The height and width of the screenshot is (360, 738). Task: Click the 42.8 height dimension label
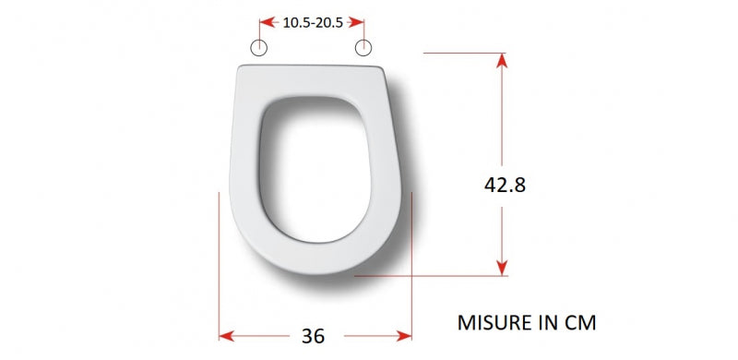coord(505,186)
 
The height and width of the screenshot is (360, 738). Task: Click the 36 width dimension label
coord(313,336)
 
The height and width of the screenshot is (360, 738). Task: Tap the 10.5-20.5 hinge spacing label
coord(313,23)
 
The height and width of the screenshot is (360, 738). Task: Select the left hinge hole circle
coord(259,48)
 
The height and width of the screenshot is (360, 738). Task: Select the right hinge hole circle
coord(363,48)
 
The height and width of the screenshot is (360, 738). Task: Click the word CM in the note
coord(582,323)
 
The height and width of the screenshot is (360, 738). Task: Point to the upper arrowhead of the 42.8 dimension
coord(502,60)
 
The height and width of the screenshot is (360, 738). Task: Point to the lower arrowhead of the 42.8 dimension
coord(502,269)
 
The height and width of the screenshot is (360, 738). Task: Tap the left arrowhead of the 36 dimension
coord(226,336)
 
